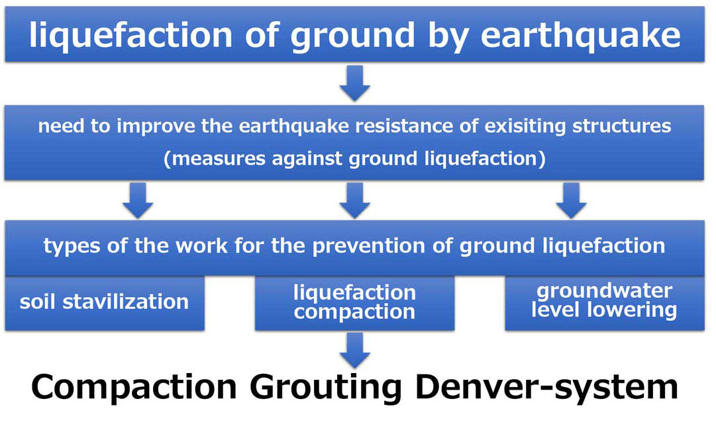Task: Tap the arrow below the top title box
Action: (355, 83)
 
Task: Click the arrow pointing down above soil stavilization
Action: (138, 200)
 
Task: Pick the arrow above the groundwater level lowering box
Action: (571, 200)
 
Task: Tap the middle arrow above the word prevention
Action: (355, 200)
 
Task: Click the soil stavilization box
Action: (105, 303)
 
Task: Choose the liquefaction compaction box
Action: (355, 303)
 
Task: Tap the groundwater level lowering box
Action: (605, 303)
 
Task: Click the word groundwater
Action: (604, 291)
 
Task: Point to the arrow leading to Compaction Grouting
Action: (355, 350)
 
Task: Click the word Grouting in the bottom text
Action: (326, 388)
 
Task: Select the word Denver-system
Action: (546, 388)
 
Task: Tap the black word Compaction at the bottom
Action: (134, 388)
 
